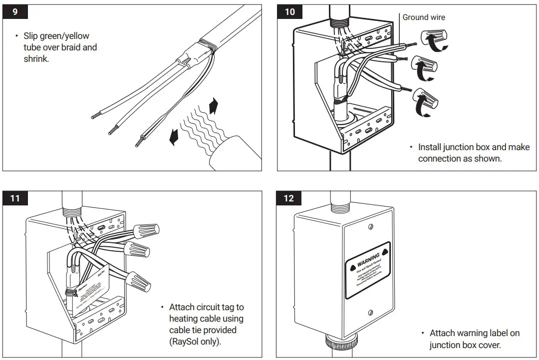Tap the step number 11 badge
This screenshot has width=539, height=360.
click(15, 198)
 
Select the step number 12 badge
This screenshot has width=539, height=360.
click(289, 198)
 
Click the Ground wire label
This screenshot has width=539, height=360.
click(424, 17)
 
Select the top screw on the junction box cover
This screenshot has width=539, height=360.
click(370, 226)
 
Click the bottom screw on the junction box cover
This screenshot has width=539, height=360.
click(370, 313)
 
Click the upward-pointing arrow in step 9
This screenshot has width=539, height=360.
click(214, 106)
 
